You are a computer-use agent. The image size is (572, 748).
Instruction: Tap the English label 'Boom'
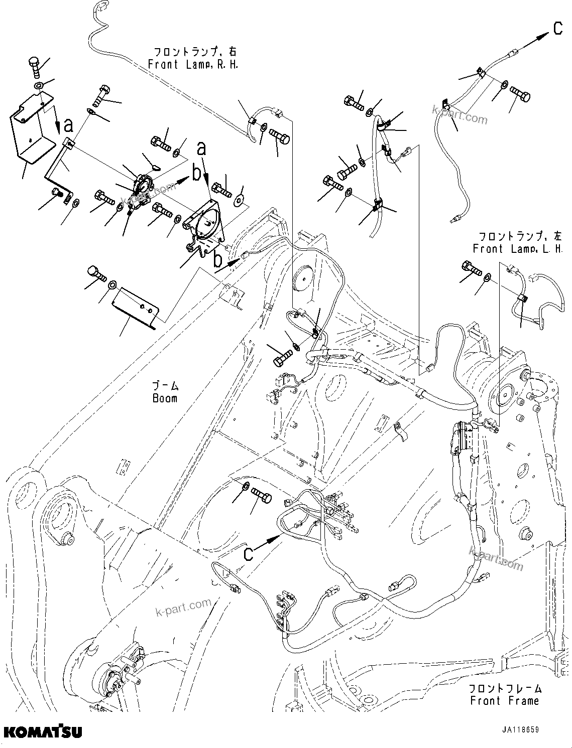pyautogui.click(x=165, y=398)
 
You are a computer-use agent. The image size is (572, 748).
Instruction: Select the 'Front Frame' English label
pyautogui.click(x=505, y=700)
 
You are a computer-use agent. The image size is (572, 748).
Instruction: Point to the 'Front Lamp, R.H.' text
pyautogui.click(x=193, y=65)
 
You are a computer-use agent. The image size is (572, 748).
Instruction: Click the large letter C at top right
pyautogui.click(x=558, y=29)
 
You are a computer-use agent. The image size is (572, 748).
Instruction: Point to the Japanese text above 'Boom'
pyautogui.click(x=165, y=386)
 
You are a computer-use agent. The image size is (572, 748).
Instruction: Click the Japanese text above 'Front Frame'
pyautogui.click(x=505, y=688)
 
